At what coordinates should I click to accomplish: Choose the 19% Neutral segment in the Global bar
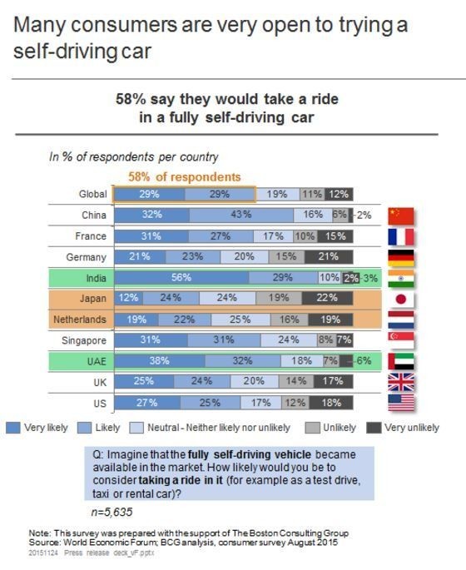coord(277,194)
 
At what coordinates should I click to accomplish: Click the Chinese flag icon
coord(401,215)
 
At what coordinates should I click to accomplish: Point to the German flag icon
coord(401,257)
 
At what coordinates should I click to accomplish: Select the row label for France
coord(91,236)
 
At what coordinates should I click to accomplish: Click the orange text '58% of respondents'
coord(184,177)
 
